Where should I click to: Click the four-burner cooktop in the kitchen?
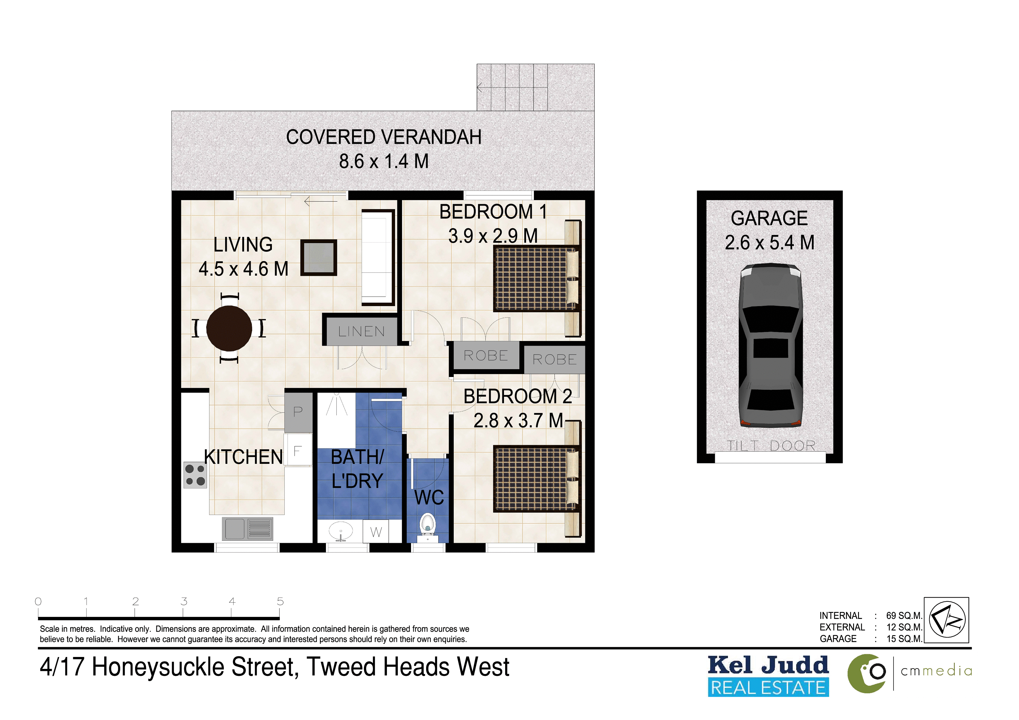coord(195,475)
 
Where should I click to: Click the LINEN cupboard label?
coord(361,331)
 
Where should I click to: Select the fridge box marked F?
coord(298,450)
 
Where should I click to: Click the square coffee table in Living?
coord(319,258)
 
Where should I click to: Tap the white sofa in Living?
coord(378,258)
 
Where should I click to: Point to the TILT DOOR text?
coord(771,446)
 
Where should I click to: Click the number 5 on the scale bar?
coord(280,602)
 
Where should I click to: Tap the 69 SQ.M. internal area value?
coord(904,616)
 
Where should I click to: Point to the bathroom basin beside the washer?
coord(341,531)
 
